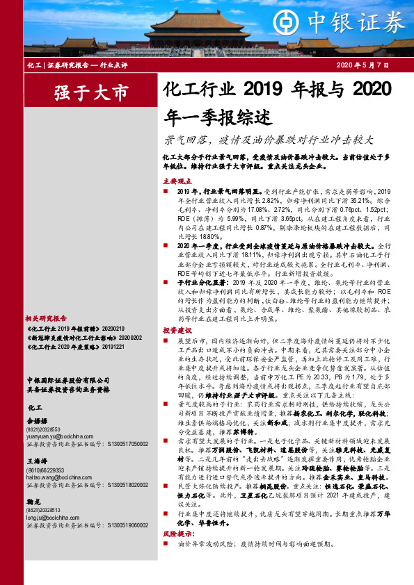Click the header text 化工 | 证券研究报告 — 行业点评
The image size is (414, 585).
(x=71, y=65)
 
